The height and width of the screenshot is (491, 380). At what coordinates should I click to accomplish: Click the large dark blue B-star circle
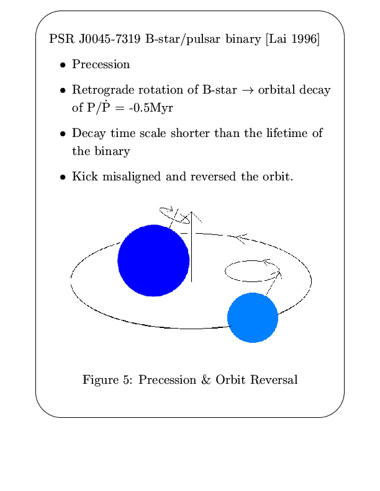pos(153,260)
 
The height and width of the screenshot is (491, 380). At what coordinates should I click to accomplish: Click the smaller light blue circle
pos(253,317)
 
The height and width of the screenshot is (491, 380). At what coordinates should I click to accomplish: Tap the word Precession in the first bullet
pos(101,64)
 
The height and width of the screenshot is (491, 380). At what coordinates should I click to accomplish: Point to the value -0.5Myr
pos(151,108)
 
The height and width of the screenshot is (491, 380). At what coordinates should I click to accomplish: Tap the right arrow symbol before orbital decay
pos(247,91)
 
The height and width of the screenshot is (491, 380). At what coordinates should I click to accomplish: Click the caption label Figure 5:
pos(108,380)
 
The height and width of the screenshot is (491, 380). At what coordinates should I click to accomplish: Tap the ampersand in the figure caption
pos(206,379)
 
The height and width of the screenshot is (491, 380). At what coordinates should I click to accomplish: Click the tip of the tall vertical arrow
pos(192,212)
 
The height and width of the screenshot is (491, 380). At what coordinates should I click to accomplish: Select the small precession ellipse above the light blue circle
pos(225,271)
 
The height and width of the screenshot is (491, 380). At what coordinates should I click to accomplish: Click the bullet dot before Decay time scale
pos(63,134)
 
